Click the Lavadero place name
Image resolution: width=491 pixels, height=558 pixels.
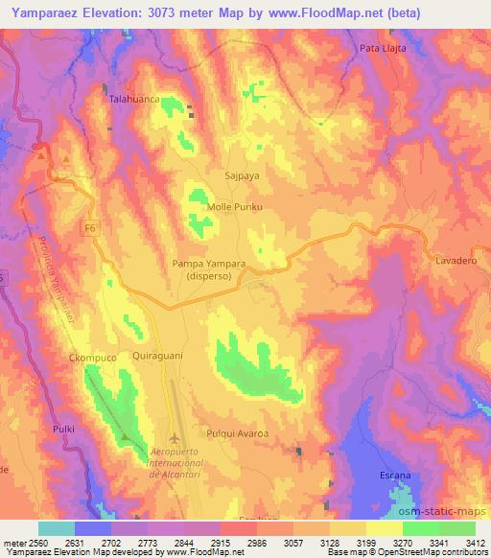point(456,261)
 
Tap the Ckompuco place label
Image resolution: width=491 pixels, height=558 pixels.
point(93,358)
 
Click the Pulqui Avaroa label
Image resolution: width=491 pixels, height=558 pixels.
point(237,433)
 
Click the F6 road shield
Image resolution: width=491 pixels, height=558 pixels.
point(89,227)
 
